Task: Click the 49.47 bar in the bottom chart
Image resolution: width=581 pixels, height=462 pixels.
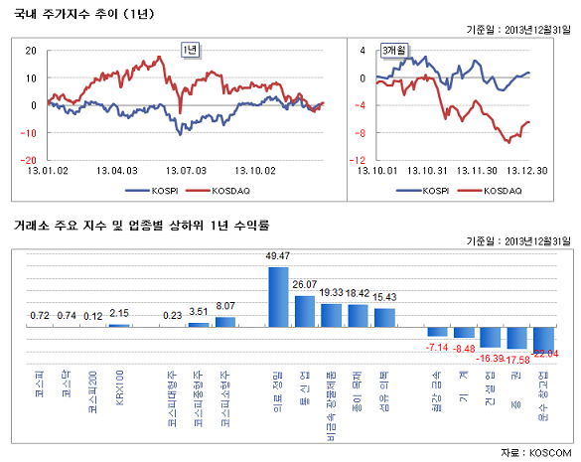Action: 278,296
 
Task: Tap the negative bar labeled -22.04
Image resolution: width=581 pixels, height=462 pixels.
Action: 545,337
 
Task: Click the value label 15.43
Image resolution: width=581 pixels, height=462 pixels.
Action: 385,297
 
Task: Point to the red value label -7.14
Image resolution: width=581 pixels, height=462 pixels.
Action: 438,346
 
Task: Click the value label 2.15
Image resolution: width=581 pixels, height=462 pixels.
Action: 119,314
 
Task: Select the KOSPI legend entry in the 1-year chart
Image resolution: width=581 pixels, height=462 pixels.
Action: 150,189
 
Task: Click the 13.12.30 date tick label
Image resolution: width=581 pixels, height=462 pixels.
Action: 527,170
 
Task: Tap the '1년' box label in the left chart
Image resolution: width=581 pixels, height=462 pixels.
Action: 189,50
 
